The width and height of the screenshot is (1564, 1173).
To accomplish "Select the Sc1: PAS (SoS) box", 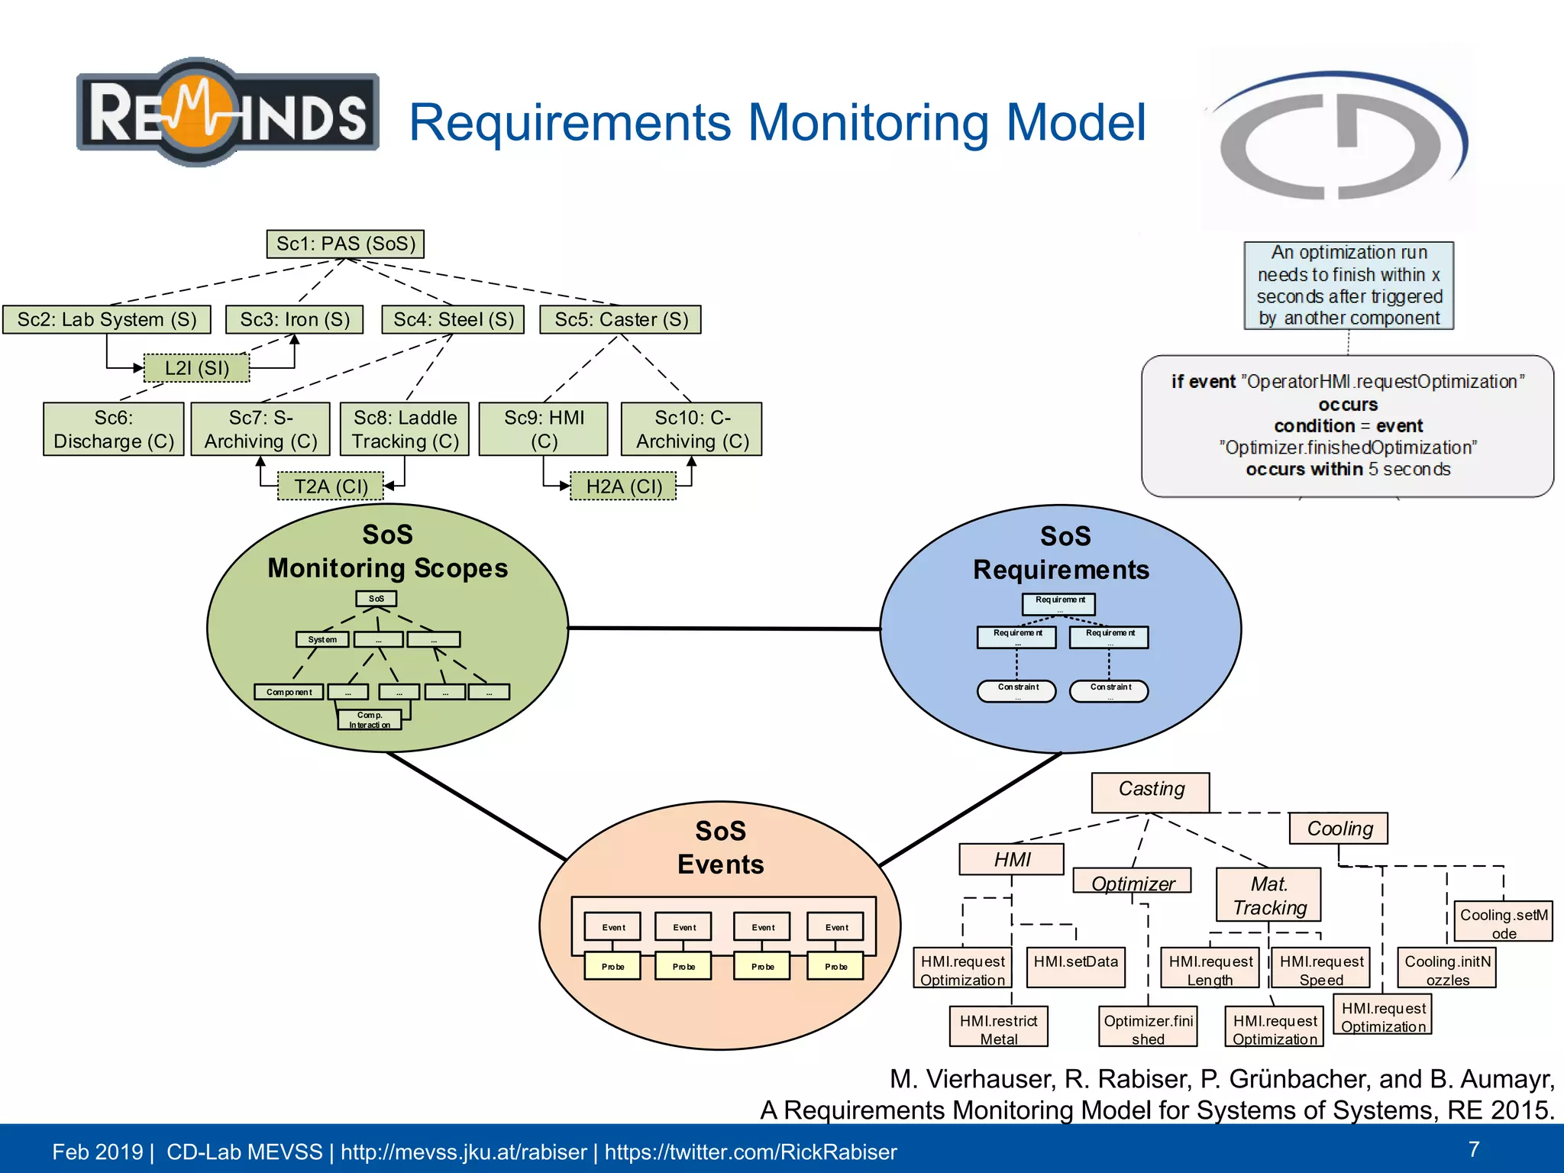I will click(x=345, y=244).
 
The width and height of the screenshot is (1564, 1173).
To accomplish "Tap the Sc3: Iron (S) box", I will click(x=295, y=319).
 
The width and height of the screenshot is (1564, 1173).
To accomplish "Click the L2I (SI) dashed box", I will click(x=197, y=368).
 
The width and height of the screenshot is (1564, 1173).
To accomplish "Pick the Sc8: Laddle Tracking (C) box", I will click(x=405, y=429).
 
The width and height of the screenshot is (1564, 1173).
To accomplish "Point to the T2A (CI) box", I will click(x=331, y=486).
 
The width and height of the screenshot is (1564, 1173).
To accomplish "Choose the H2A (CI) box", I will click(x=623, y=486).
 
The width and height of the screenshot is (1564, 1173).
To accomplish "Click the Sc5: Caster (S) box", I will click(x=621, y=319).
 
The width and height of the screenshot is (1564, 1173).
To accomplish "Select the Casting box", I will click(x=1150, y=790).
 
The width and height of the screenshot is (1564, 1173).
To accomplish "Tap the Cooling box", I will click(x=1339, y=829).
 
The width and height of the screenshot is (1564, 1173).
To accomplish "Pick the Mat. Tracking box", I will click(x=1268, y=895).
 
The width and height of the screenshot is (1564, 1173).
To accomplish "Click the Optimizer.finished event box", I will click(x=1148, y=1028).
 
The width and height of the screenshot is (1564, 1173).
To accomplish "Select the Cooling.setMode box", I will click(x=1503, y=923).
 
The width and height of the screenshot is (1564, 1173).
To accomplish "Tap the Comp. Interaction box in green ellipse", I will click(x=370, y=719).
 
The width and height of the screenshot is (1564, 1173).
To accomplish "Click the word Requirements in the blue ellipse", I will click(x=1061, y=570).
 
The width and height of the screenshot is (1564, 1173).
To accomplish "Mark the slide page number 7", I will click(x=1473, y=1149).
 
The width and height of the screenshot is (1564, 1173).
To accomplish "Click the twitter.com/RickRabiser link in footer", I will click(x=751, y=1152).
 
